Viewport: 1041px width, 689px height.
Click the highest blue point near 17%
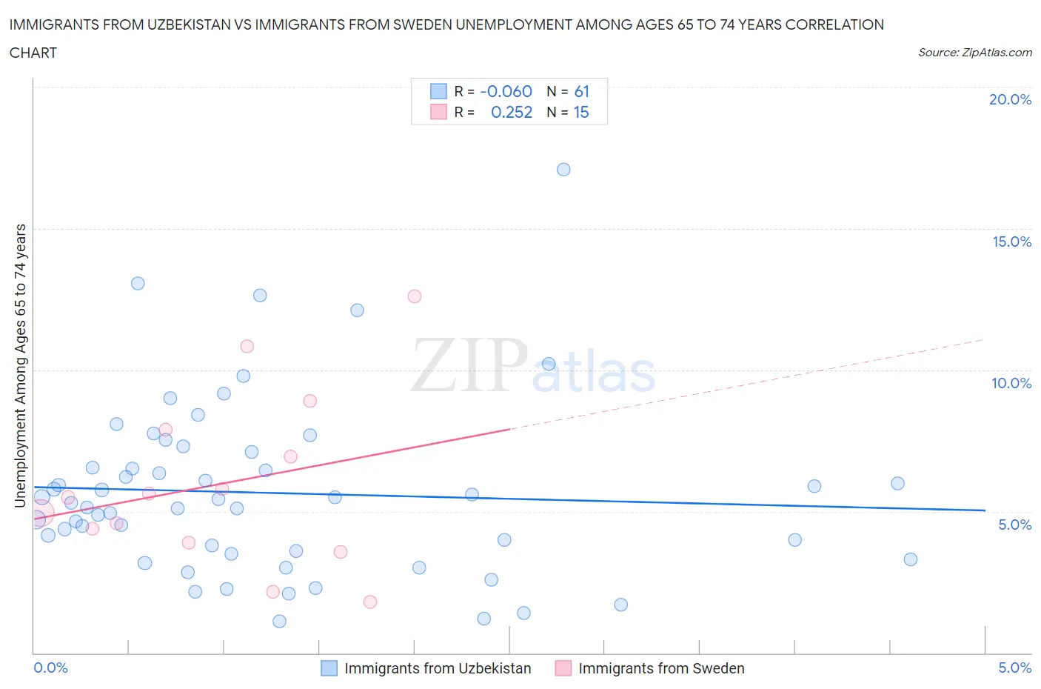click(x=563, y=170)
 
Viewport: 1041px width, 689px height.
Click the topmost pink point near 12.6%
click(x=415, y=296)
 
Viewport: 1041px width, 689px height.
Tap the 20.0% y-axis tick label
click(x=1010, y=100)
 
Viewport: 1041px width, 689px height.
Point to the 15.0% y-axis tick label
click(x=1011, y=242)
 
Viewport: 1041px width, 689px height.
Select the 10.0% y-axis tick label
click(x=1011, y=384)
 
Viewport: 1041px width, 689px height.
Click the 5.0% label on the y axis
click(x=1014, y=525)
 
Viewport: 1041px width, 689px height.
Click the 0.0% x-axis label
click(x=51, y=668)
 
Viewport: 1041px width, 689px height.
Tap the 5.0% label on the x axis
click(x=1014, y=668)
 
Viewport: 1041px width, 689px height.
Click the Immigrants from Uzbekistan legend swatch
click(x=329, y=668)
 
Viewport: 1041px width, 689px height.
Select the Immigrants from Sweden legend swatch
click(x=563, y=668)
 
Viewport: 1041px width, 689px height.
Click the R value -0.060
click(x=506, y=92)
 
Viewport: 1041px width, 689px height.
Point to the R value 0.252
click(x=512, y=113)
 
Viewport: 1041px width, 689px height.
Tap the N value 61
click(x=582, y=92)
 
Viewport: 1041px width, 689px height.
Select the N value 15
click(x=581, y=113)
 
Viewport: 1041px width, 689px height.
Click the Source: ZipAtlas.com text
click(x=974, y=53)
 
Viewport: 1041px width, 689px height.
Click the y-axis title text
click(x=21, y=366)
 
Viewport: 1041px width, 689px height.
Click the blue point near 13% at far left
click(x=138, y=284)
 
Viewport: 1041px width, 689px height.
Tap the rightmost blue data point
click(x=911, y=559)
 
